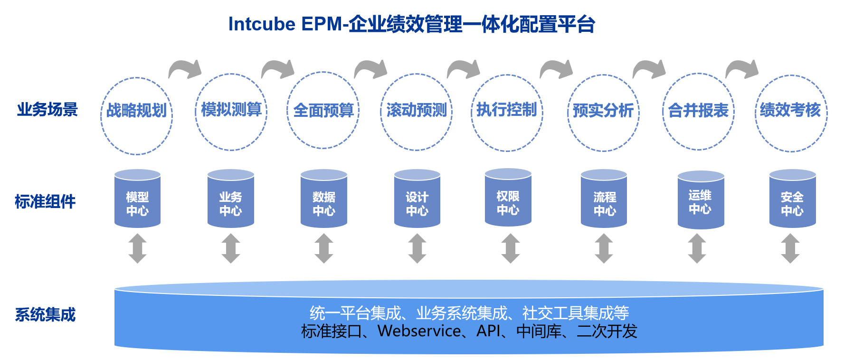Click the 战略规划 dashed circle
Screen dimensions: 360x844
click(137, 115)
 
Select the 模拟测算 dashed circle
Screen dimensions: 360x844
click(231, 112)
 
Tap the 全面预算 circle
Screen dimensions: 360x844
click(323, 111)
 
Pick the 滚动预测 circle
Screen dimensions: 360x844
click(417, 112)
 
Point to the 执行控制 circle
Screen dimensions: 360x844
click(507, 113)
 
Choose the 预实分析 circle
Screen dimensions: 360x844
click(603, 113)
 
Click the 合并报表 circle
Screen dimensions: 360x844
click(698, 112)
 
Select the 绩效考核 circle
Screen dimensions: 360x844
click(791, 113)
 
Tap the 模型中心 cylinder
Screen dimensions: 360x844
click(137, 199)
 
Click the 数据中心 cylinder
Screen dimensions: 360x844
click(324, 199)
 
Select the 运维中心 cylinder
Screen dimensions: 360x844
click(701, 201)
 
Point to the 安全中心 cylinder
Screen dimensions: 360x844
click(792, 199)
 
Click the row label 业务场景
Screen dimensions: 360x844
click(47, 110)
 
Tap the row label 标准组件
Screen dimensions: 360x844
click(45, 202)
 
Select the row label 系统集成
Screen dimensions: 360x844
click(45, 315)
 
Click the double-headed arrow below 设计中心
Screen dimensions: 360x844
click(417, 248)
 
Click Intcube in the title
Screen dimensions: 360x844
click(261, 24)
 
